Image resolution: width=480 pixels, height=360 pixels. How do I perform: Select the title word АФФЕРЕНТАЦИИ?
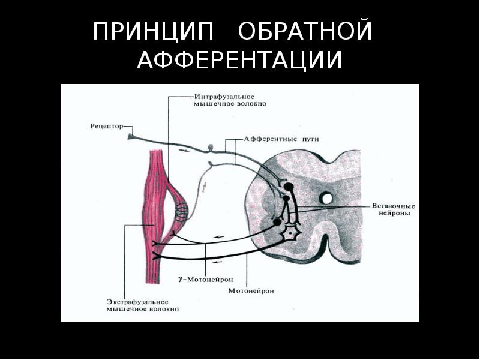coord(239,61)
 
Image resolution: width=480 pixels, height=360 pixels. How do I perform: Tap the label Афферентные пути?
coord(280,139)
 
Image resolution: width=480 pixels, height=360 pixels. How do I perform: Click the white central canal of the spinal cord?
coord(326,197)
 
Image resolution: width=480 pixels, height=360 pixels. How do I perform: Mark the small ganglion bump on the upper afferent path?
coord(211,146)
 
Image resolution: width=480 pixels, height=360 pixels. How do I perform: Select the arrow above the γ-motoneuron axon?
coord(218,238)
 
